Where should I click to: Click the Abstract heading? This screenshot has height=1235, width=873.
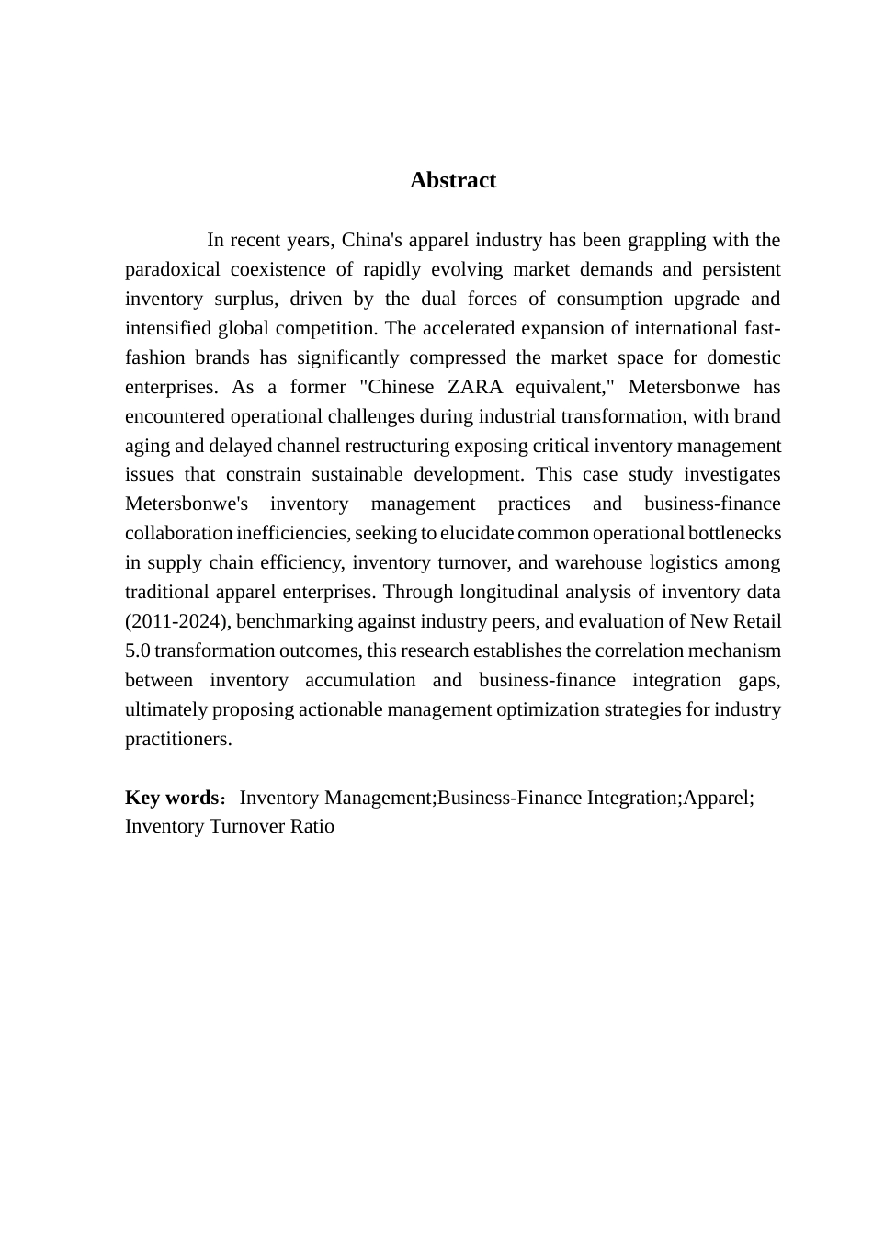point(453,180)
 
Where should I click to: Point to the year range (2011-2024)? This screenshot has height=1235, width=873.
point(178,621)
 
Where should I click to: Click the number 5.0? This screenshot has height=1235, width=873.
point(137,651)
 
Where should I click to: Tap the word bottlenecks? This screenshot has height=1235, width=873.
point(734,533)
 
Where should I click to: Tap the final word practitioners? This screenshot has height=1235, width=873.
point(177,739)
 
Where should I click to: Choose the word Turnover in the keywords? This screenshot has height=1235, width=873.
point(248,826)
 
